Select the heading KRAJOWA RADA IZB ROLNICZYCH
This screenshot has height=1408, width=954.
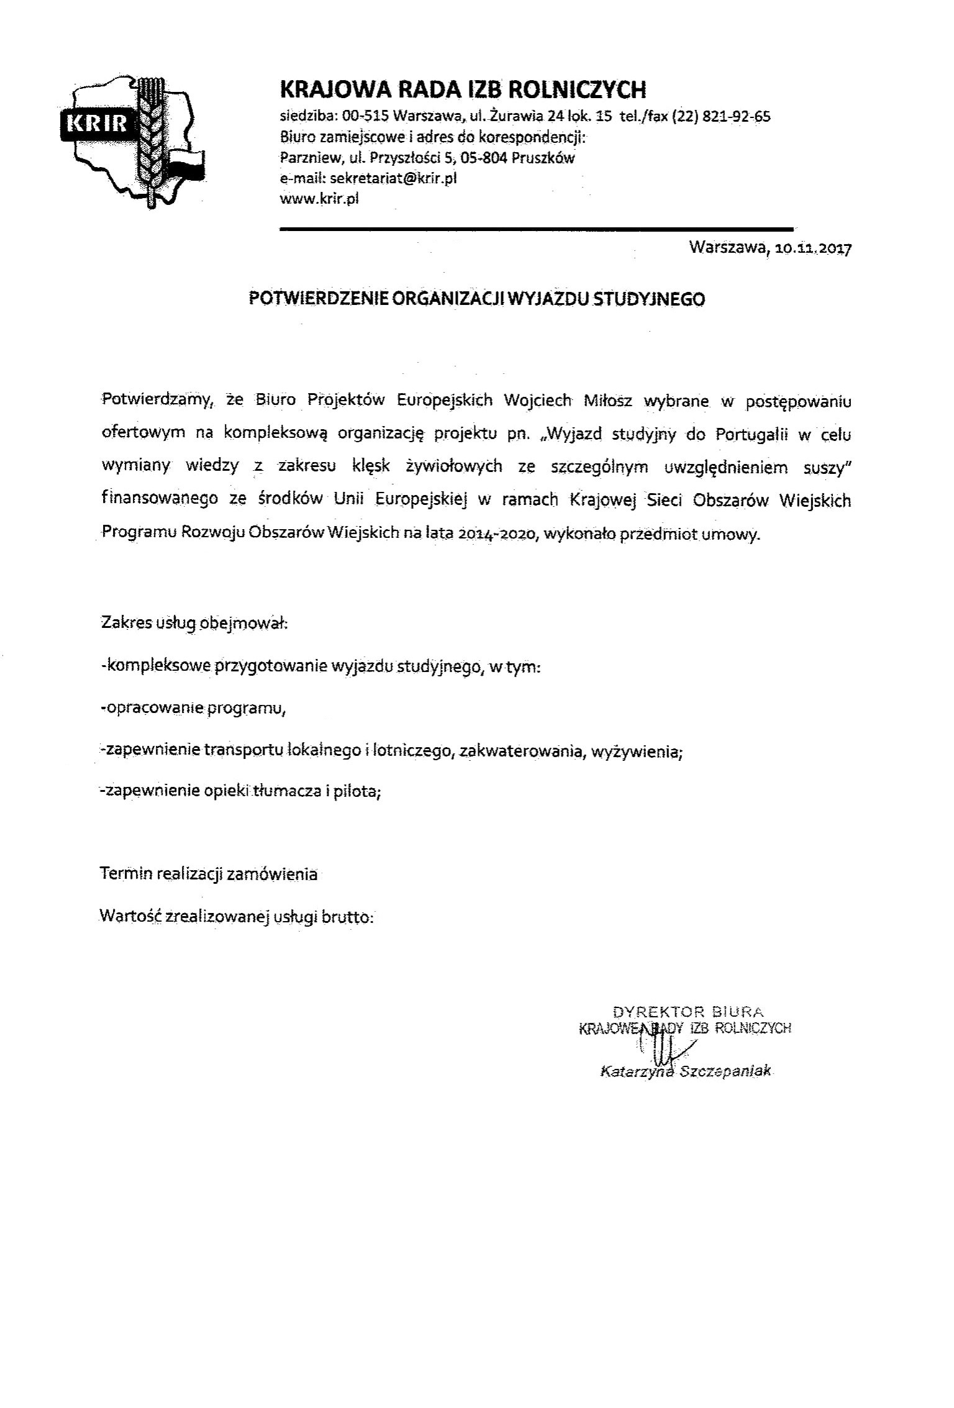463,90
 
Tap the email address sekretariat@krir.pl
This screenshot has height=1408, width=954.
393,178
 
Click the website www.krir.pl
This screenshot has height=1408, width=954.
319,199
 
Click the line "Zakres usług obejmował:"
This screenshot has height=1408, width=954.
194,622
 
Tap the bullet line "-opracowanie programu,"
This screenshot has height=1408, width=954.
193,709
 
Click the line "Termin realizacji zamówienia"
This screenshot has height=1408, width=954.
209,874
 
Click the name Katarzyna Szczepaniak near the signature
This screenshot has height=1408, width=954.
685,1071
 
